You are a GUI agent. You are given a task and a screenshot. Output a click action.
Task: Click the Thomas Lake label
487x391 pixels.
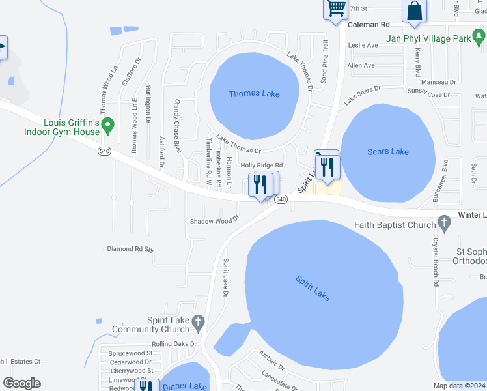(254, 94)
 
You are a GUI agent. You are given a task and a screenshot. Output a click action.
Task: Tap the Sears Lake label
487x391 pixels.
(388, 152)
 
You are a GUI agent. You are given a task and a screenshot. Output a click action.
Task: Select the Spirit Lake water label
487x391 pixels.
(313, 288)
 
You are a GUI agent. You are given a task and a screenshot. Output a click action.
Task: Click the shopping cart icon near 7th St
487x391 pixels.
(335, 8)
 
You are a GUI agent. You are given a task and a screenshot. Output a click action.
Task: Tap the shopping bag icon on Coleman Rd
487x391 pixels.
(414, 11)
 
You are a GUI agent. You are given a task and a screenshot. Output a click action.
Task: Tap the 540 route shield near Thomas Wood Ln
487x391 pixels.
(104, 151)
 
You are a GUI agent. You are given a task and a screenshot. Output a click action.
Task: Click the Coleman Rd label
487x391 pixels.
(369, 24)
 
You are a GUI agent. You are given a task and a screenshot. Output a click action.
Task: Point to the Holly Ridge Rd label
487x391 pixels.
(262, 166)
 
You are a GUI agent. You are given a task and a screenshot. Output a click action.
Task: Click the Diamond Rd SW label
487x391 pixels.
(130, 249)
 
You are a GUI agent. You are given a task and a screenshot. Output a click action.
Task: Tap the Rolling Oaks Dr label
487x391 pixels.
(174, 344)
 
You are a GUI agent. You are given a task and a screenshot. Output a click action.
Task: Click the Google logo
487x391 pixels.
(21, 383)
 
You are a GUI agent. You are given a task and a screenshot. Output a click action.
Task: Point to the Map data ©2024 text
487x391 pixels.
(460, 385)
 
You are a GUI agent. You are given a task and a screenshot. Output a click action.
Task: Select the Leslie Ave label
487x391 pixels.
(363, 46)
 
